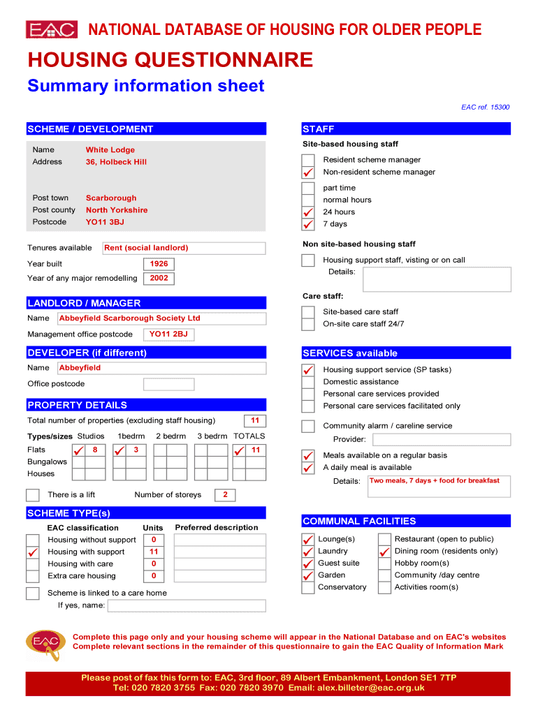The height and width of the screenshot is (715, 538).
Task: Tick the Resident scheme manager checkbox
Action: pyautogui.click(x=308, y=160)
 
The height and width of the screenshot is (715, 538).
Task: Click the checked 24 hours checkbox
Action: pyautogui.click(x=308, y=212)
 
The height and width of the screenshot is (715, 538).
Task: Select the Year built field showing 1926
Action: pyautogui.click(x=159, y=264)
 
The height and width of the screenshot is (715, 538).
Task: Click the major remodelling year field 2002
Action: pyautogui.click(x=159, y=278)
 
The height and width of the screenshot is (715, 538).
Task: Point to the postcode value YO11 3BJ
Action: pyautogui.click(x=105, y=222)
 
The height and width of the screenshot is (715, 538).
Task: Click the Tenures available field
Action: pyautogui.click(x=184, y=248)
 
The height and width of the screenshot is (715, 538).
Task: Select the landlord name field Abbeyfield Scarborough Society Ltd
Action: pyautogui.click(x=161, y=318)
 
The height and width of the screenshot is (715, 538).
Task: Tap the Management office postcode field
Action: pyautogui.click(x=168, y=334)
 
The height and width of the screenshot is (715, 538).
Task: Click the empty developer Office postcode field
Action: pyautogui.click(x=168, y=384)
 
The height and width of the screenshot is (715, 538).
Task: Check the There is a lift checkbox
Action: pyautogui.click(x=33, y=495)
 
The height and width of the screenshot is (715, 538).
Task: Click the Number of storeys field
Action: pyautogui.click(x=225, y=495)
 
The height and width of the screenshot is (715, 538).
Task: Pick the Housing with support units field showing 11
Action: pyautogui.click(x=154, y=552)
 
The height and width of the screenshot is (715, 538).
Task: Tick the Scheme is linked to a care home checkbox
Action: pyautogui.click(x=33, y=594)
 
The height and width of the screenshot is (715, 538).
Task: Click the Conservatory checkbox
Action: pyautogui.click(x=308, y=587)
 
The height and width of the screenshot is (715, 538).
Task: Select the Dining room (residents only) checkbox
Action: pyautogui.click(x=384, y=552)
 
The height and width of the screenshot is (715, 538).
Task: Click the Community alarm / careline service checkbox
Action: pyautogui.click(x=308, y=426)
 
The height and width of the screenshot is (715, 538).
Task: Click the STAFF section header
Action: pyautogui.click(x=407, y=129)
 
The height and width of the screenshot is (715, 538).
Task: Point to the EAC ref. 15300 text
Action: pyautogui.click(x=485, y=108)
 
